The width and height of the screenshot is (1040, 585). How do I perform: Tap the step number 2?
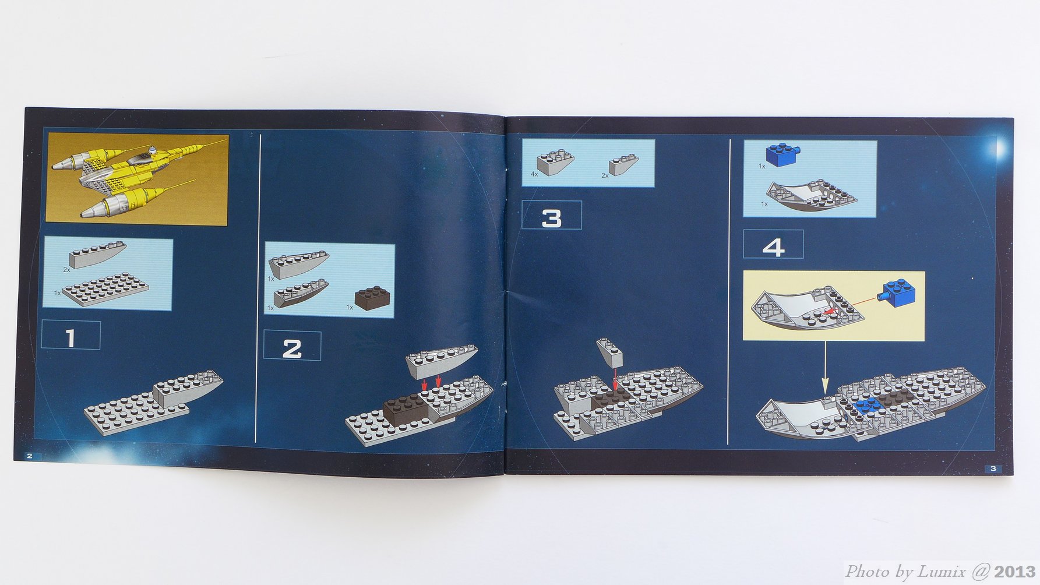tap(292, 349)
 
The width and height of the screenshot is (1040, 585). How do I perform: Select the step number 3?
tap(552, 219)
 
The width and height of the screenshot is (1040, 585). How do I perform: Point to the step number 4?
tap(773, 248)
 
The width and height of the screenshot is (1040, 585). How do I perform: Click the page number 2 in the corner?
tap(30, 456)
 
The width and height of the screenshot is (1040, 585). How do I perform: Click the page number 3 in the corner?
tap(993, 468)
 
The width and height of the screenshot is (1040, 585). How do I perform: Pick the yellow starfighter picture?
tap(137, 178)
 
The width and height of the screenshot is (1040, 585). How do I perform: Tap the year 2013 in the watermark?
tap(1014, 572)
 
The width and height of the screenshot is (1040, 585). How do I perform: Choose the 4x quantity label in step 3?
tap(534, 174)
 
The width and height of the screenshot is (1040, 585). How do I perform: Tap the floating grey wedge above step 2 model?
tap(442, 361)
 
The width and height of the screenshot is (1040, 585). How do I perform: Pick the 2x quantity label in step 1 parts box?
tap(66, 270)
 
